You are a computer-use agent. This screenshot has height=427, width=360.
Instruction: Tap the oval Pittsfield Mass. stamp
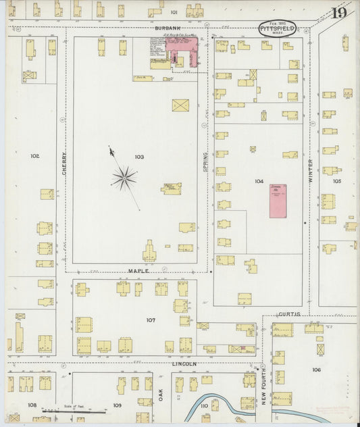coord(277,29)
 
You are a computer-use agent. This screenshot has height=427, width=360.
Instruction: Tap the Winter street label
coord(311,176)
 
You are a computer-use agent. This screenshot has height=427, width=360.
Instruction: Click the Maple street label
coord(138,271)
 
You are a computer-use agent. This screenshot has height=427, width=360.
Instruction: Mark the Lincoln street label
coord(183,363)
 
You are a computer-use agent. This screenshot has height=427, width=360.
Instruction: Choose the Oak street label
coord(161,395)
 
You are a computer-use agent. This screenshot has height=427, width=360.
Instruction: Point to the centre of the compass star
coord(124,178)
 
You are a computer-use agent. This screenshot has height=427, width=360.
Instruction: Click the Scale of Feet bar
coord(74,410)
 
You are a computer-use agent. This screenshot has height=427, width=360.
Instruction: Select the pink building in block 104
coord(277,200)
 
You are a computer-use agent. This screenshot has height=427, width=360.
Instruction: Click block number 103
coord(139,157)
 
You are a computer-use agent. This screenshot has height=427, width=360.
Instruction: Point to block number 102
coord(34,156)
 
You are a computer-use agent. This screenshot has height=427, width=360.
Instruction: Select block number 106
coord(316,370)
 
